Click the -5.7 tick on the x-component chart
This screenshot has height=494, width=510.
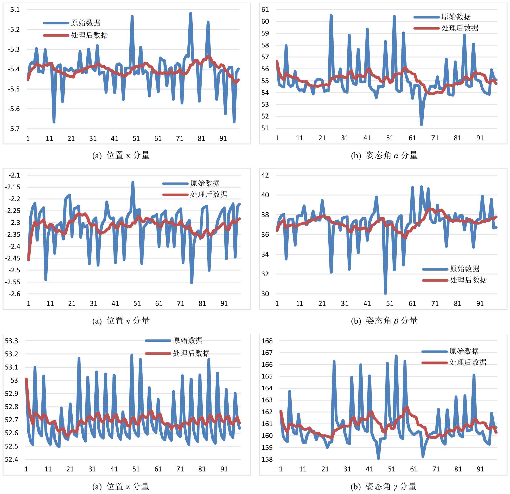coord(14,129)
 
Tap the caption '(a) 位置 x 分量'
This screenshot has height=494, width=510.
coord(121,155)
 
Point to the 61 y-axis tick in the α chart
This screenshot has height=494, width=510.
coord(265,10)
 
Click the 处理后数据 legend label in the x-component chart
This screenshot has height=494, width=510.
coord(89,35)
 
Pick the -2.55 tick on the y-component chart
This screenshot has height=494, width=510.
coord(12,282)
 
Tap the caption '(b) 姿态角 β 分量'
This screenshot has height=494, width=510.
coord(384,321)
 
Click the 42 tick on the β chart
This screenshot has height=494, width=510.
coord(265,175)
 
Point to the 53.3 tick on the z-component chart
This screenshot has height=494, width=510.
coord(11,341)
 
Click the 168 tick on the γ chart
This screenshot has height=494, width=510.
coord(267,341)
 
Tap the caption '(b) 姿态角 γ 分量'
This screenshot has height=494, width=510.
coord(384,486)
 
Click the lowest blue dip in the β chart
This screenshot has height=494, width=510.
coord(385,293)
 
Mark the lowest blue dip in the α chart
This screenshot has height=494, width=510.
coord(421,125)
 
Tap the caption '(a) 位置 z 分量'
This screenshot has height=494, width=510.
coord(121,486)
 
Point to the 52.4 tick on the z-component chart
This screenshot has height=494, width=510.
coord(11,459)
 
